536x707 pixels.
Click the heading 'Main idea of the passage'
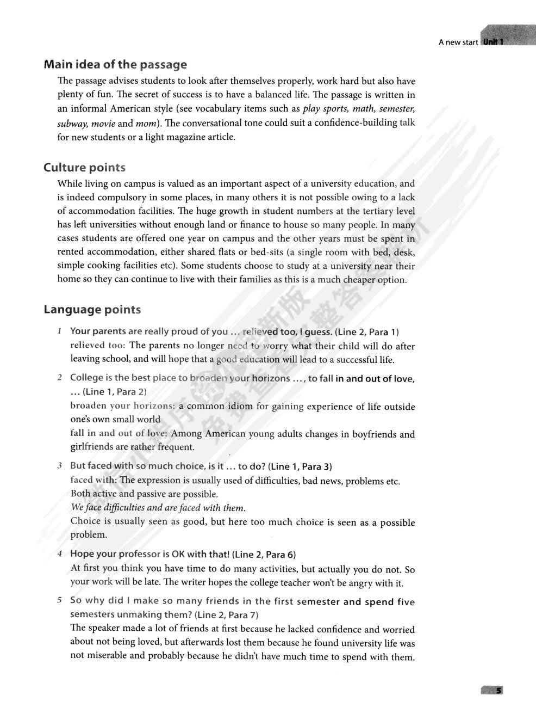coord(115,65)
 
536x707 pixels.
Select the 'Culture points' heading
coord(84,168)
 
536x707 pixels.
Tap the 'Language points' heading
coord(92,310)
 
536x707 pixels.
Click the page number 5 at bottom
coord(497,690)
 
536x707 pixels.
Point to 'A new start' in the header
coord(458,42)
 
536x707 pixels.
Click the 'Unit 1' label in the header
coord(493,42)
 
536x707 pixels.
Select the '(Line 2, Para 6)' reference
coord(264,555)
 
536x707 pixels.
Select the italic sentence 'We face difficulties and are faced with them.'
coord(158,508)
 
